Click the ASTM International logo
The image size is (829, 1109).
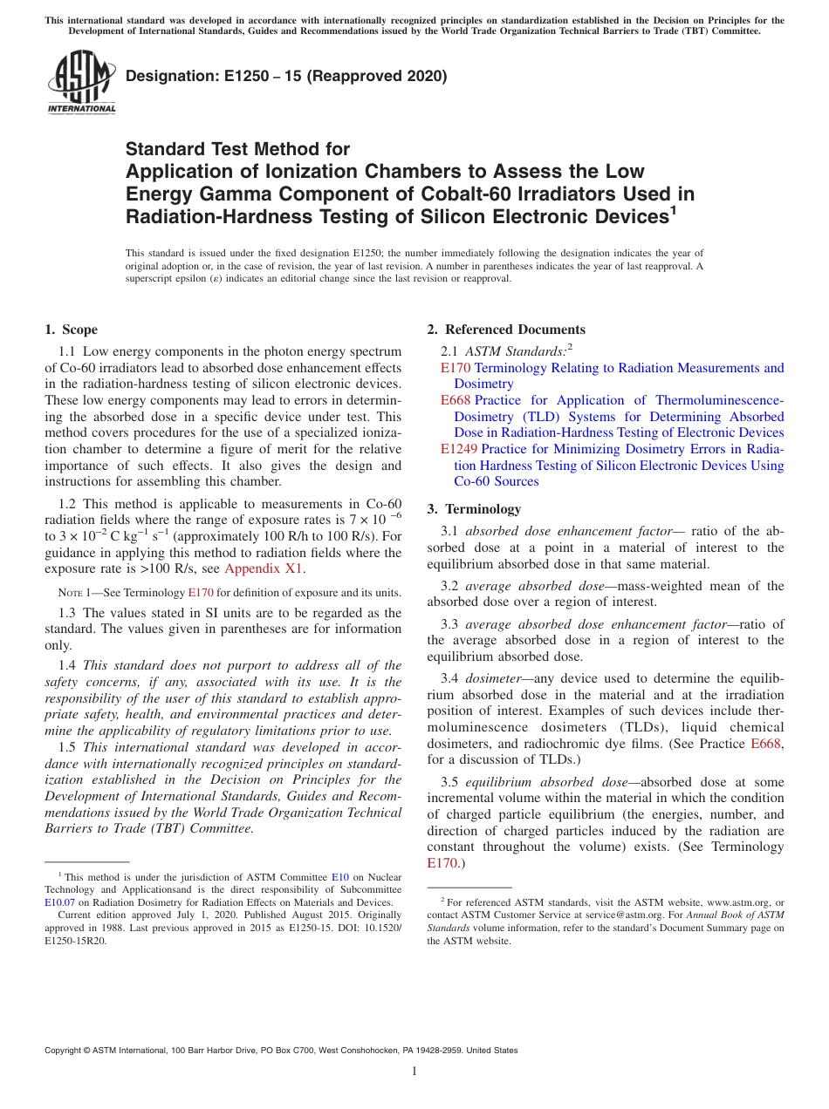[81, 82]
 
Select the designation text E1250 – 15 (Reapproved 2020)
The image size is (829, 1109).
[286, 76]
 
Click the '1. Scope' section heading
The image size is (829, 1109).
[71, 330]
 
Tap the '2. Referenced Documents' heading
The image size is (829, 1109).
[506, 330]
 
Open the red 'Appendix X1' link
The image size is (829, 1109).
[264, 569]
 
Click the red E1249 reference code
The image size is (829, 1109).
[459, 449]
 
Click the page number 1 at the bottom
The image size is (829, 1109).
[414, 1072]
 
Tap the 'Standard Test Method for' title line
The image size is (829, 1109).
[237, 149]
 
